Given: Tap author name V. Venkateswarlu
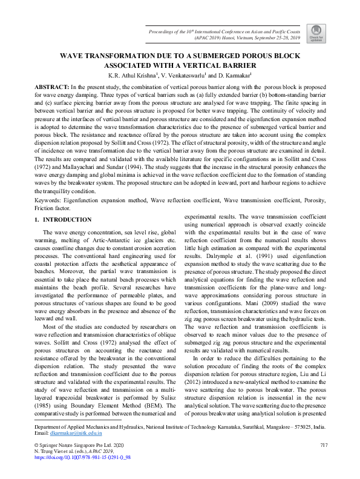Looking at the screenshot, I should point(183,76).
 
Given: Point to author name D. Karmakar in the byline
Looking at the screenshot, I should point(233,76).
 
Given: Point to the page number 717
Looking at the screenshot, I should point(322,446).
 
